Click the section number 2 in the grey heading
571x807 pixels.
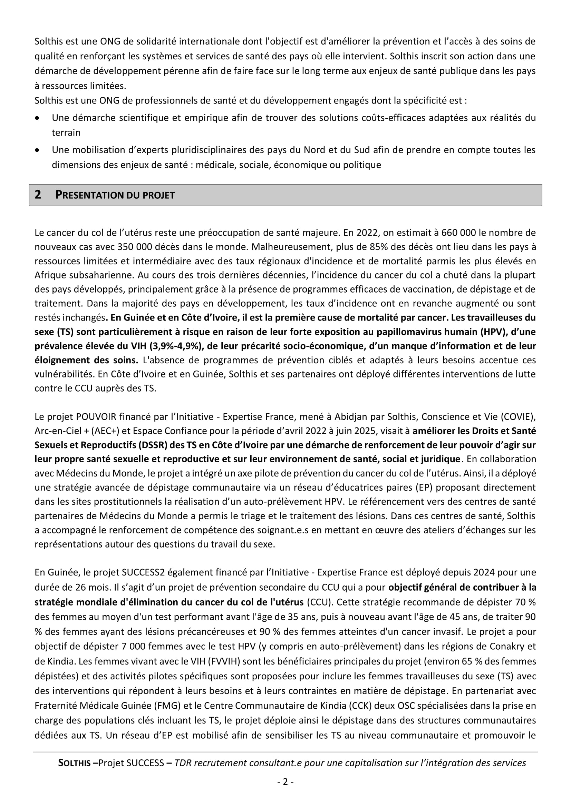(38, 195)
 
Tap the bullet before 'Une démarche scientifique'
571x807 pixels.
(37, 118)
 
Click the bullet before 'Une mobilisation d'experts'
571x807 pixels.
(37, 150)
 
